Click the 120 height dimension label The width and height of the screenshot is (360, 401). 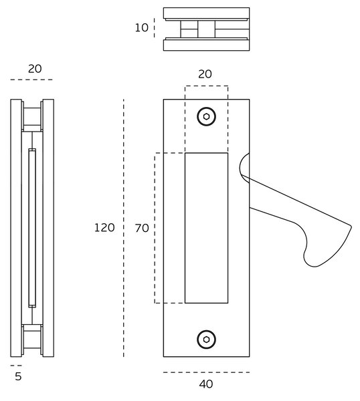coord(104,228)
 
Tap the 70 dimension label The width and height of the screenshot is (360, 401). coord(142,228)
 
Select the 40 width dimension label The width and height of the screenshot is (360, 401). coord(206,384)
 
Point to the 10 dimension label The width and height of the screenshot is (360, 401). coord(142,27)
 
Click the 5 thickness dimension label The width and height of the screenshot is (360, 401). coord(18,376)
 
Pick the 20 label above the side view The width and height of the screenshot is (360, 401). coord(35,69)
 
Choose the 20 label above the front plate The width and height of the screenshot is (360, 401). coord(205,74)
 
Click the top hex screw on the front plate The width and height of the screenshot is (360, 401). coord(206,116)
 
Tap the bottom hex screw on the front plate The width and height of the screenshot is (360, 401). coord(206,340)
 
